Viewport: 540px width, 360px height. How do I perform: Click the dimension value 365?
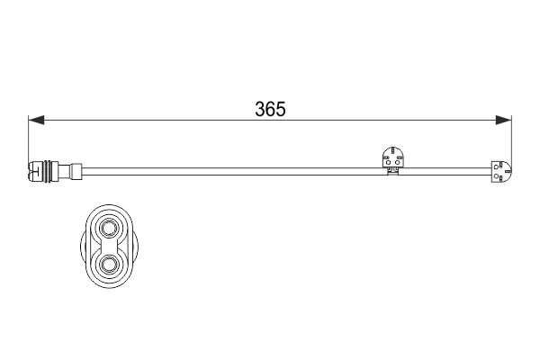click(x=270, y=109)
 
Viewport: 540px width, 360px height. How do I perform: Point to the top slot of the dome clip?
click(x=393, y=149)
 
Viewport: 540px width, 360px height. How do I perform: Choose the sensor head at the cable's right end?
click(x=500, y=168)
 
